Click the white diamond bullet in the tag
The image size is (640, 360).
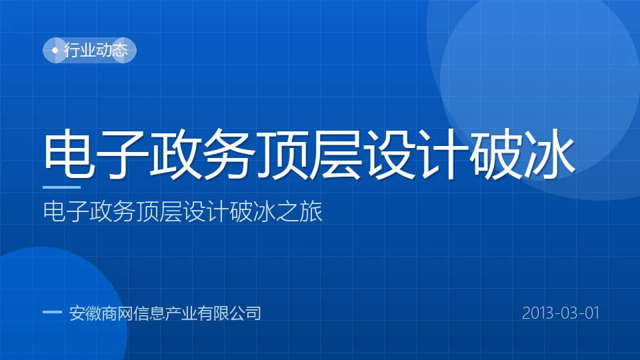pos(55,50)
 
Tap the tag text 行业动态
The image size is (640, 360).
pos(96,50)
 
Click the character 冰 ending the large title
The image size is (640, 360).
pos(549,154)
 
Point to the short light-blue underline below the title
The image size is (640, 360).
pos(61,187)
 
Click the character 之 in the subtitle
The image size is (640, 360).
pos(287,211)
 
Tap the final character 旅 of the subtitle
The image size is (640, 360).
pos(311,211)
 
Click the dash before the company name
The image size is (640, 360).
pos(52,312)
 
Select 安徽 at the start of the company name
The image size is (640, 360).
pos(85,313)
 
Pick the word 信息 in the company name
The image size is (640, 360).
pos(149,313)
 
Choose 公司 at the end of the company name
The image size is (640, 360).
pos(245,313)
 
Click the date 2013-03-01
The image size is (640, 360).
pos(561,313)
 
